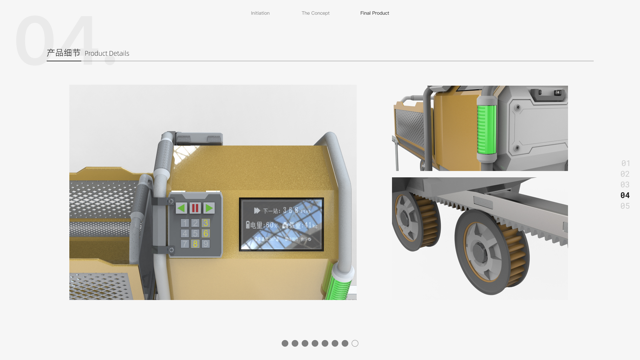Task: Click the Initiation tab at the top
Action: tap(260, 13)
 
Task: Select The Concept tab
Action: tap(315, 13)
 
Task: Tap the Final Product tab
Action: tap(375, 13)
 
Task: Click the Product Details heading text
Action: tap(107, 53)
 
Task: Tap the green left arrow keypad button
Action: tap(181, 208)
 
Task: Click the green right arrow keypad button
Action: tap(209, 208)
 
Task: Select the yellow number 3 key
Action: tap(206, 223)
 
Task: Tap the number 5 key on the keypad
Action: tap(195, 233)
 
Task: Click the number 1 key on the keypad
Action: tap(185, 223)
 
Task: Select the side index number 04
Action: tap(625, 195)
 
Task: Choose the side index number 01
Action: tap(625, 163)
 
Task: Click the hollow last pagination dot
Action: tap(355, 343)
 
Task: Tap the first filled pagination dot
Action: tap(285, 343)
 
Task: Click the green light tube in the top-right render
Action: tap(487, 129)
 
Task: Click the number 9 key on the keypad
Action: tap(206, 244)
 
